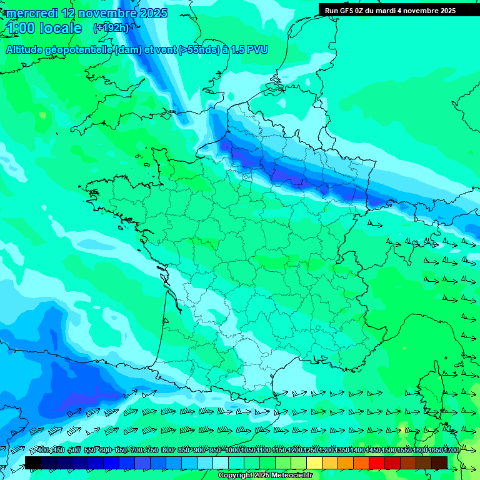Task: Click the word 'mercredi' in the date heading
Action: (x=32, y=13)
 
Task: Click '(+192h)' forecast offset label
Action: (x=111, y=28)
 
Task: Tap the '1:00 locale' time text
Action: (x=44, y=28)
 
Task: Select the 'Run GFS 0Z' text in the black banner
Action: (x=345, y=11)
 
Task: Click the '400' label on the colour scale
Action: (x=43, y=451)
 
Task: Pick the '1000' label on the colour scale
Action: (x=232, y=451)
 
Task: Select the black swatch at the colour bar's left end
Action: (x=33, y=462)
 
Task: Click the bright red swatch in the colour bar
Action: (x=377, y=462)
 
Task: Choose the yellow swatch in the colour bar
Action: (x=314, y=462)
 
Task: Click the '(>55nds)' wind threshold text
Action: (x=194, y=49)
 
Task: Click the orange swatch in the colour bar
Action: (x=346, y=462)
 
